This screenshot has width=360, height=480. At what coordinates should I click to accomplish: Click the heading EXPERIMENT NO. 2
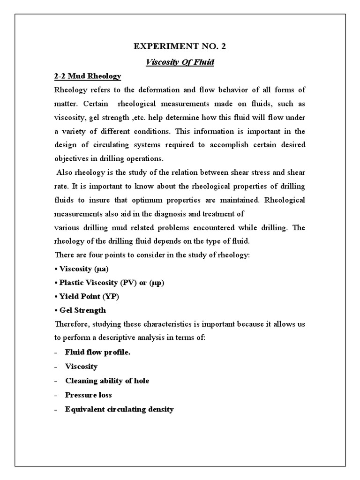[x=180, y=47]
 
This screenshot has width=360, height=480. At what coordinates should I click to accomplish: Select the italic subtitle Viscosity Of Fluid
[x=180, y=62]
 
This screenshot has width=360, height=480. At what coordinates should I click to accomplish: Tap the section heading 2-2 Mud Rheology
[x=88, y=76]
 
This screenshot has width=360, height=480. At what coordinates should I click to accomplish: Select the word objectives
[x=71, y=159]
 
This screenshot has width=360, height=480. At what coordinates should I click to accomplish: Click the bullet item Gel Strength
[x=82, y=310]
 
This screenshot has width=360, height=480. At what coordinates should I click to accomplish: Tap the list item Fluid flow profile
[x=97, y=352]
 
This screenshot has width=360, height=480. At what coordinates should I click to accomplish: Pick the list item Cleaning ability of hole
[x=107, y=381]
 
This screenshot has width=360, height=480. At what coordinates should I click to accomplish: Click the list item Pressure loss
[x=89, y=395]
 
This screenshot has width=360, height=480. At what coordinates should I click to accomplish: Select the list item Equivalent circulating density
[x=120, y=409]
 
